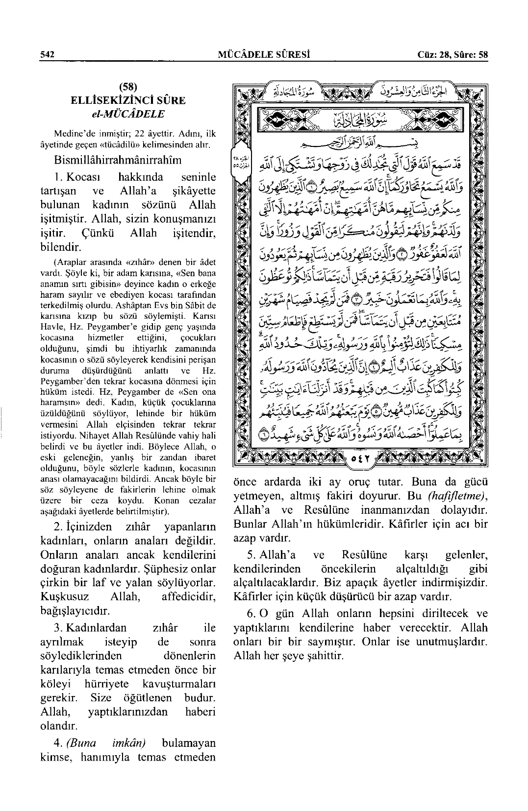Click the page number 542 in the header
47,54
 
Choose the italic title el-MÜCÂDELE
127,114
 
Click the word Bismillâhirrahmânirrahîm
118,160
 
